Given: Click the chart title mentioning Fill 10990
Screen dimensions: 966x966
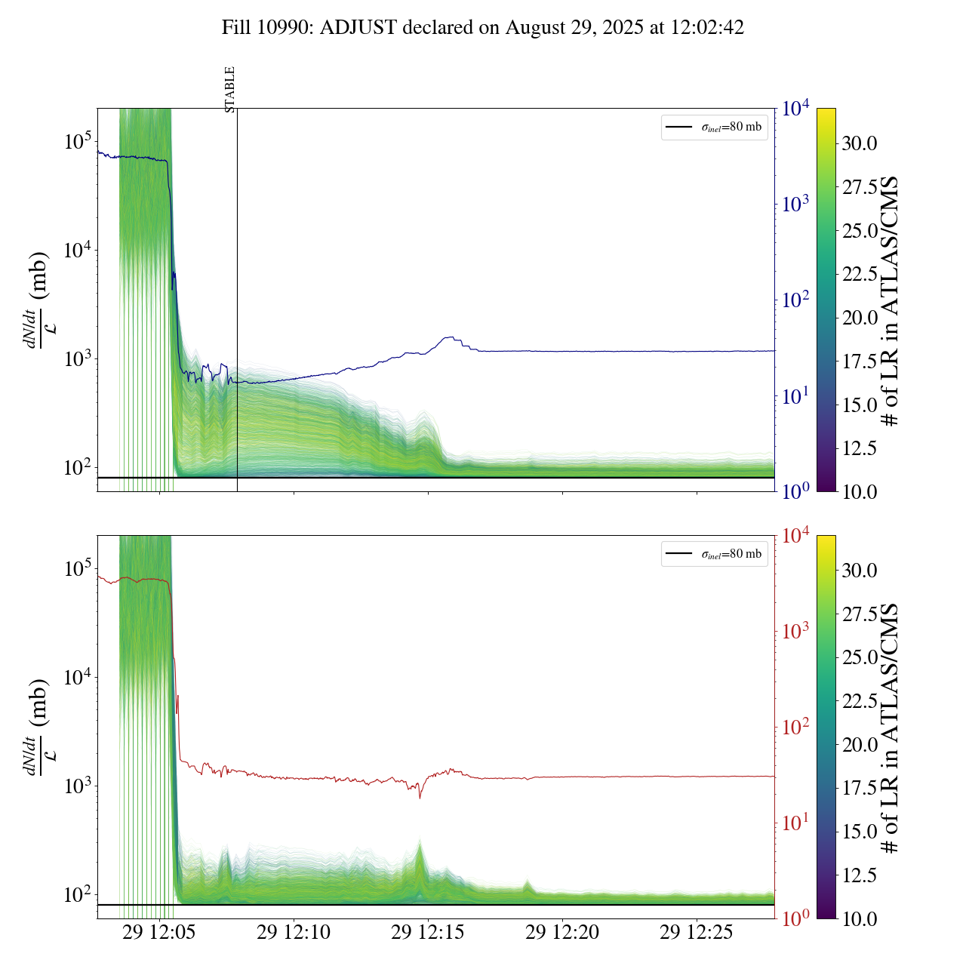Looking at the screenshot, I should [x=483, y=28].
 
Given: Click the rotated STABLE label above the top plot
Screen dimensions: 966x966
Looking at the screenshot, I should [x=230, y=89].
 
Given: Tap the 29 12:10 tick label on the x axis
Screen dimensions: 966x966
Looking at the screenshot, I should [x=294, y=933].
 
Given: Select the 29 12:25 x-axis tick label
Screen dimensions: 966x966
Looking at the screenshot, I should [x=697, y=933].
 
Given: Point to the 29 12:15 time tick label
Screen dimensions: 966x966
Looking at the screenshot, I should [x=428, y=933].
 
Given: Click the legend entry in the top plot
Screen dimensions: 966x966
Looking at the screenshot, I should [x=714, y=127].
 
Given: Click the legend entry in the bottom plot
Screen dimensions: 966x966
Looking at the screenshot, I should [x=714, y=554].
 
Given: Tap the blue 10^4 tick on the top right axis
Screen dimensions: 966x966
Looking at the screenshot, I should [x=796, y=109].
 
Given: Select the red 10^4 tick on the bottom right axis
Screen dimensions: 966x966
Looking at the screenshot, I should [x=796, y=536].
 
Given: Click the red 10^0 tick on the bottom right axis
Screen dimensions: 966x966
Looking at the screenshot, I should [x=795, y=918].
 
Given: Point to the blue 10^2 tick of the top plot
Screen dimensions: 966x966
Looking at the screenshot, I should [x=795, y=300].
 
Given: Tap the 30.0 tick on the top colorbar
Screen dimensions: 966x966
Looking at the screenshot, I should [x=860, y=143].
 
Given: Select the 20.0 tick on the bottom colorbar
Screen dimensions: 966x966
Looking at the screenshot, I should [x=860, y=745].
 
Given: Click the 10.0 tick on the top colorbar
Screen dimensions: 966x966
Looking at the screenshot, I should [x=860, y=491].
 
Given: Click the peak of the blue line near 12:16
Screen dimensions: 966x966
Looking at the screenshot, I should [x=451, y=337].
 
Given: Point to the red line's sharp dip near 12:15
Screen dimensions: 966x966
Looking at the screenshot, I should [x=420, y=798].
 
